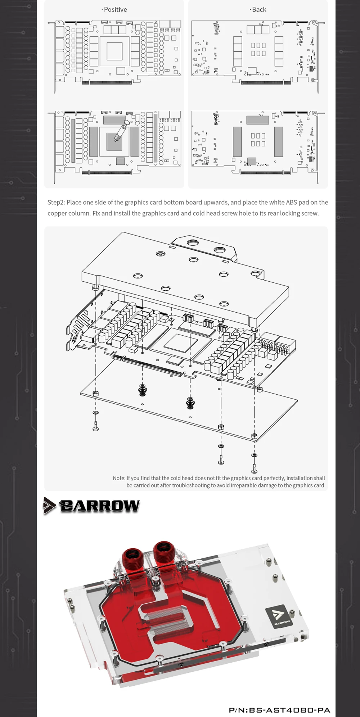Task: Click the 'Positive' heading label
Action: (x=115, y=10)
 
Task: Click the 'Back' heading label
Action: (x=258, y=10)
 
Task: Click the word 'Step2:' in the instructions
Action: (x=56, y=203)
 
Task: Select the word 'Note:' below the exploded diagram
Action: (x=119, y=478)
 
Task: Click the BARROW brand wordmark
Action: (x=100, y=506)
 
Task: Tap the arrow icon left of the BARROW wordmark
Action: (x=49, y=505)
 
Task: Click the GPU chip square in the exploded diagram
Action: (x=180, y=342)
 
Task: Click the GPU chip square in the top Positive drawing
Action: (x=114, y=51)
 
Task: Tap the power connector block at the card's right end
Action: (x=277, y=345)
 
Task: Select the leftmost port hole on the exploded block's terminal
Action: (x=193, y=242)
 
